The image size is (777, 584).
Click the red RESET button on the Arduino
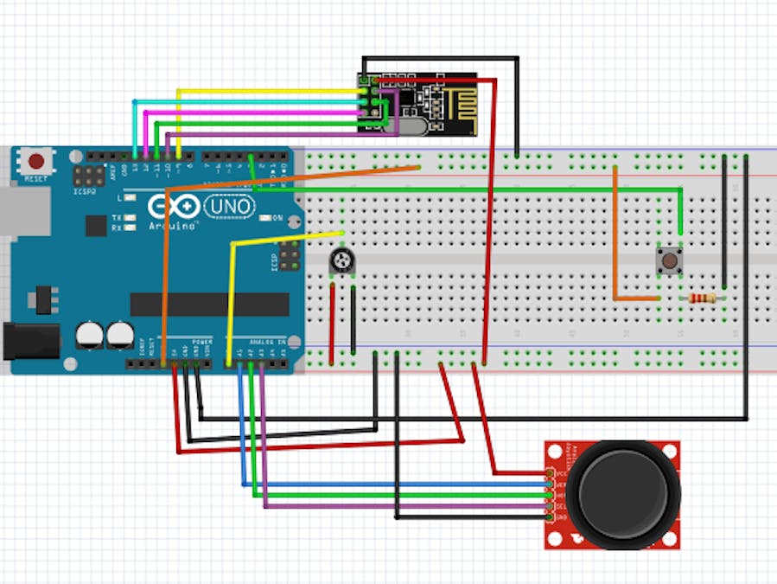click(x=36, y=161)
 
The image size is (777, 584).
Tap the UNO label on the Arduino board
click(x=229, y=206)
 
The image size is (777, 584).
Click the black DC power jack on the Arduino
click(x=30, y=341)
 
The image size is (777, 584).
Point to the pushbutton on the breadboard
click(x=668, y=260)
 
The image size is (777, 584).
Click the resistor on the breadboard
click(x=702, y=298)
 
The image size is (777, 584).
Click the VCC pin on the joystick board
click(x=550, y=473)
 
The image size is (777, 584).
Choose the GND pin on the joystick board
click(x=550, y=517)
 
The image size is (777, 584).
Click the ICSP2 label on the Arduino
click(x=85, y=192)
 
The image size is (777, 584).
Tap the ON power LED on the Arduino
click(x=266, y=218)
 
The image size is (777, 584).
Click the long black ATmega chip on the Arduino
click(x=209, y=304)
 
